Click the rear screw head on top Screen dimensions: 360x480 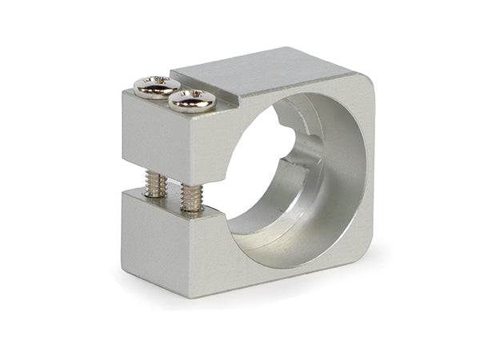[x=157, y=85]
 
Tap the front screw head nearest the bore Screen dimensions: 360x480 [x=192, y=100]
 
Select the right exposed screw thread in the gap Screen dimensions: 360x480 [x=192, y=196]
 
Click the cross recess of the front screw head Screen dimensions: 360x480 [x=192, y=98]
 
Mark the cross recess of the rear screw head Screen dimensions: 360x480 [x=158, y=83]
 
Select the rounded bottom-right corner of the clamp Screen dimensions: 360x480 [x=364, y=256]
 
